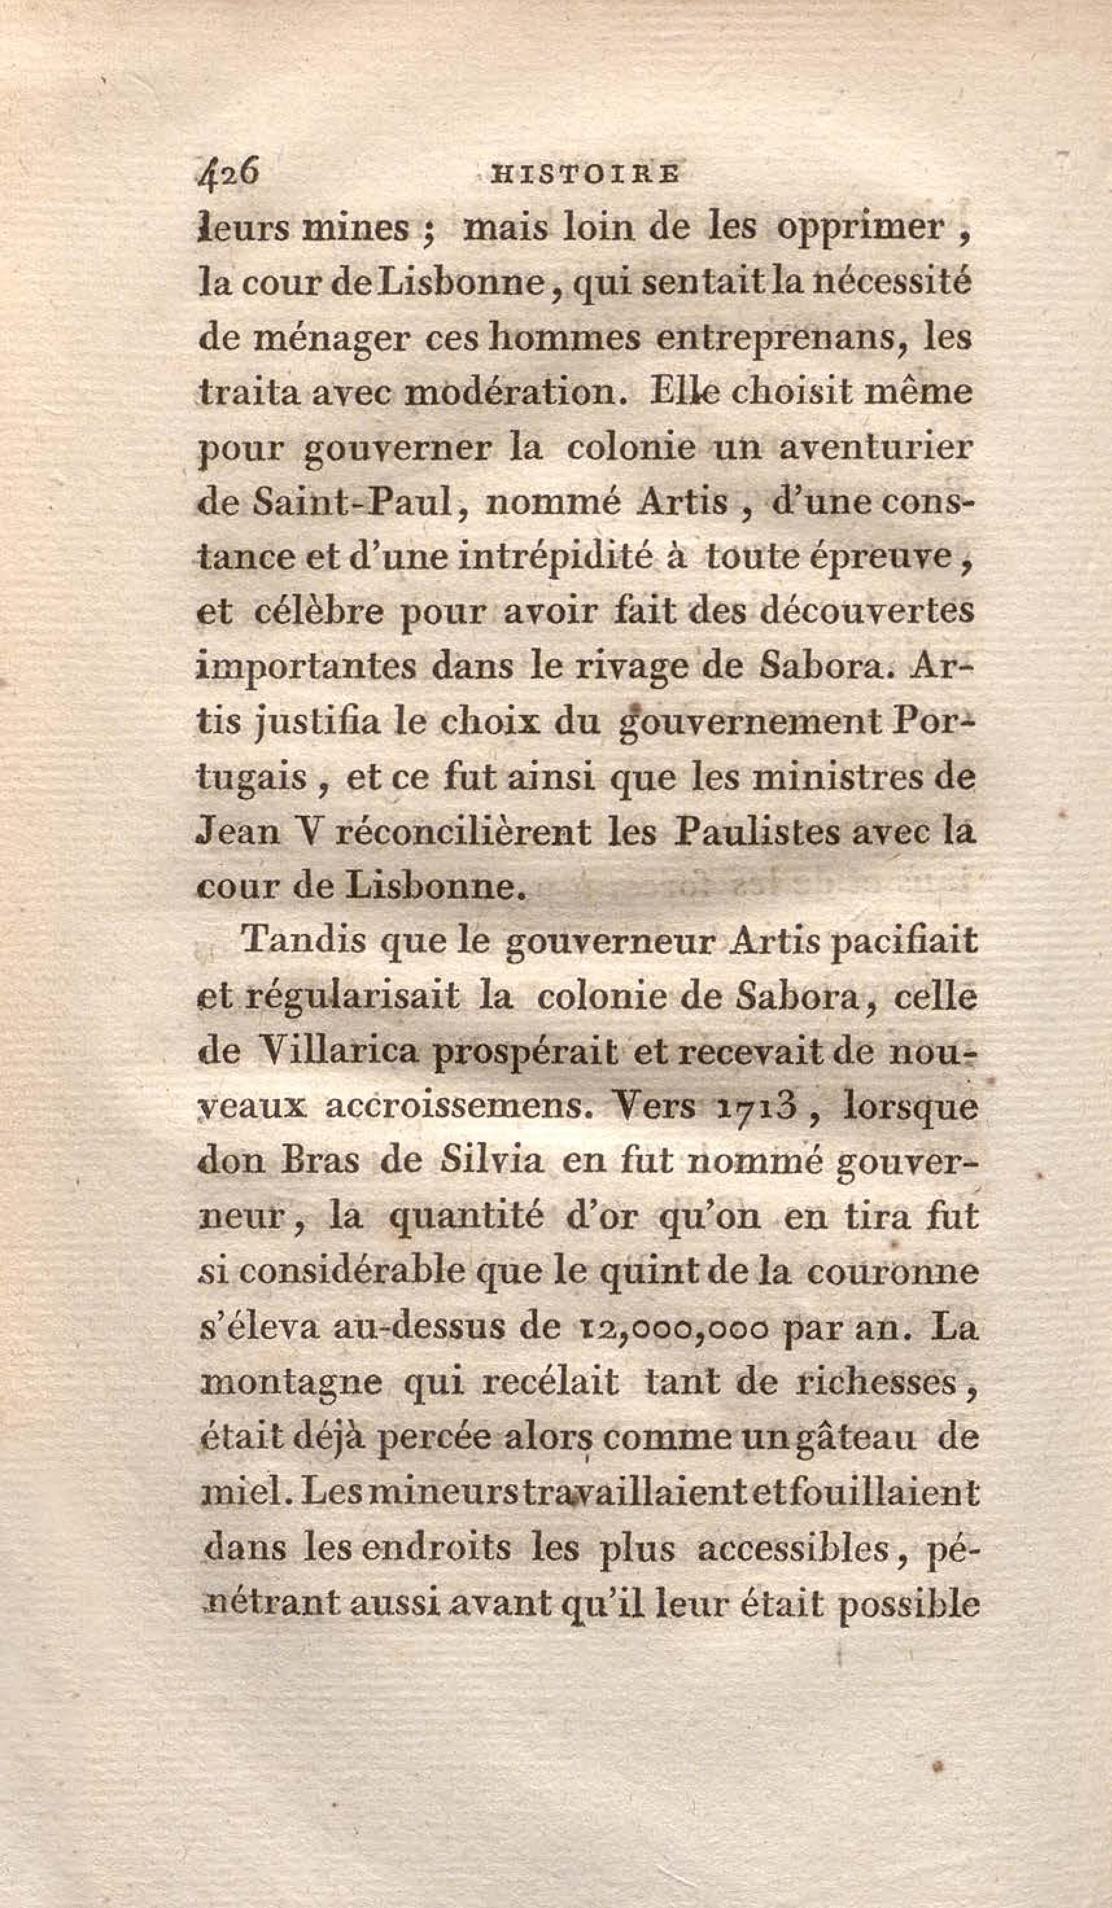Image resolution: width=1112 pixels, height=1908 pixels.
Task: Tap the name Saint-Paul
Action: click(x=355, y=504)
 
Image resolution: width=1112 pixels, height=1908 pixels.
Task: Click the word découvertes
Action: click(x=866, y=612)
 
